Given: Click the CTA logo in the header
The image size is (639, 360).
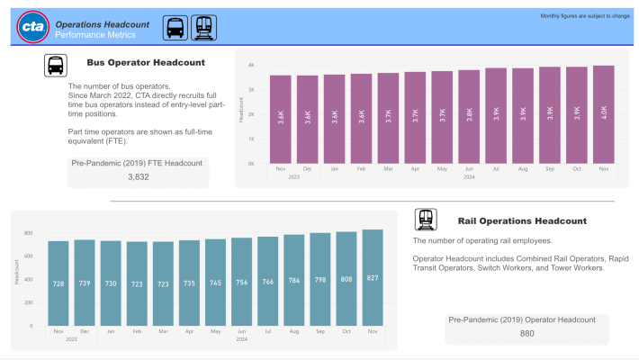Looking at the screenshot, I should (32, 28).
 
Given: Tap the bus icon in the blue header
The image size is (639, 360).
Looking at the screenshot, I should (175, 28).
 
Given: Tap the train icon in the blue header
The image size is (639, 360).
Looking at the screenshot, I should (204, 28).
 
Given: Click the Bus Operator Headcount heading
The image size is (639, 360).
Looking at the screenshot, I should (145, 62).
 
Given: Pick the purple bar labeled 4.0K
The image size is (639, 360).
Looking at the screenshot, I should (604, 115).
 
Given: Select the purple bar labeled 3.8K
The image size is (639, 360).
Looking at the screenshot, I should (469, 117).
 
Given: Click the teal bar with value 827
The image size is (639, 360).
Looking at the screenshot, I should (373, 277).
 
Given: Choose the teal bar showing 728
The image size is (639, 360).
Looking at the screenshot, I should (58, 283).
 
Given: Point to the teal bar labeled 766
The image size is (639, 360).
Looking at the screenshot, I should (268, 281).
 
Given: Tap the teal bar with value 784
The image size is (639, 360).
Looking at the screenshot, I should (294, 280).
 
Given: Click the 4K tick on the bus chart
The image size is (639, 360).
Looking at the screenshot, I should (252, 66).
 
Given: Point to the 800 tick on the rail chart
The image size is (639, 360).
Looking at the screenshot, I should (28, 233).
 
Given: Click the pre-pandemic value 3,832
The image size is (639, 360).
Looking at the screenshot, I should (138, 177).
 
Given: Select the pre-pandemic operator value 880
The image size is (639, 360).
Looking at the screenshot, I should (526, 334).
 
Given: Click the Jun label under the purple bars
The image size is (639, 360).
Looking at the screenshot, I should (469, 169).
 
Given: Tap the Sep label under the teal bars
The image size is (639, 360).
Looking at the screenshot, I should (320, 331).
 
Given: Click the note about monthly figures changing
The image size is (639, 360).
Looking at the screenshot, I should (585, 16).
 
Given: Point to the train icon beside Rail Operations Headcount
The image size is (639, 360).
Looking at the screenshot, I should (426, 220).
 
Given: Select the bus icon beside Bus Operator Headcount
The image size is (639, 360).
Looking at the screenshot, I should (56, 65).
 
